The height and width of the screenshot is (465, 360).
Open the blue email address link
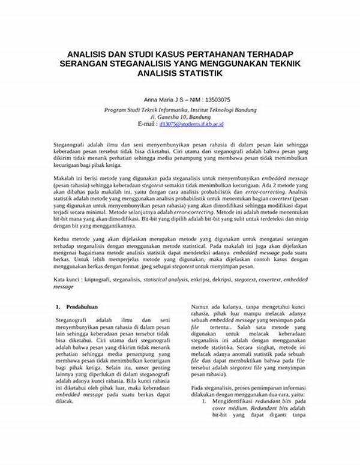[191, 124]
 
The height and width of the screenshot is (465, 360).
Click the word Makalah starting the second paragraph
[63, 178]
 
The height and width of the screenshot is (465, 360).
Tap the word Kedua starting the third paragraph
[61, 238]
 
